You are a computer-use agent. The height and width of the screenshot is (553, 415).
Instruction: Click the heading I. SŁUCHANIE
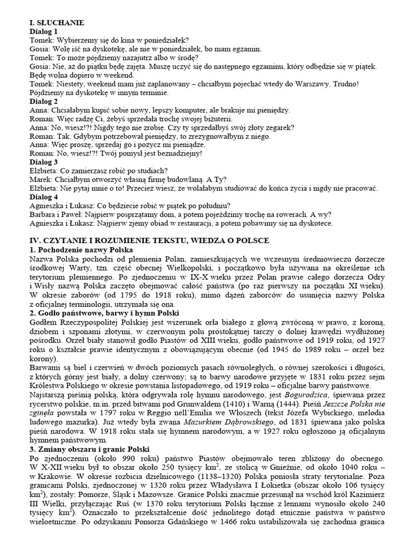(x=56, y=23)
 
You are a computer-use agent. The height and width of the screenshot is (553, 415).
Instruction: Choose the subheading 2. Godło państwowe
(x=102, y=313)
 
